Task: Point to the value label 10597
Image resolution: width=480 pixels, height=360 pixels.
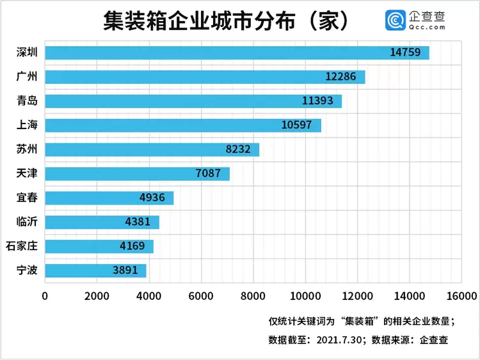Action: coord(296,125)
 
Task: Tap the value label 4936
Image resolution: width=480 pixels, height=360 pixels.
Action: coord(152,198)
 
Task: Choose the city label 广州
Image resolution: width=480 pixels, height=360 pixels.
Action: coord(28,77)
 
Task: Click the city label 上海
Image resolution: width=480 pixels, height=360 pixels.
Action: coord(28,125)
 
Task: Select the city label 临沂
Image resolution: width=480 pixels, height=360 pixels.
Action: coord(28,222)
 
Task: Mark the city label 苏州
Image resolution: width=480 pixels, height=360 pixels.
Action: coord(28,150)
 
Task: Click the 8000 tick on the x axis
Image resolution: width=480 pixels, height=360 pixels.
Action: coord(253,296)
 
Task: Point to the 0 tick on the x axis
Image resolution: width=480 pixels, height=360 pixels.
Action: coord(45,296)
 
